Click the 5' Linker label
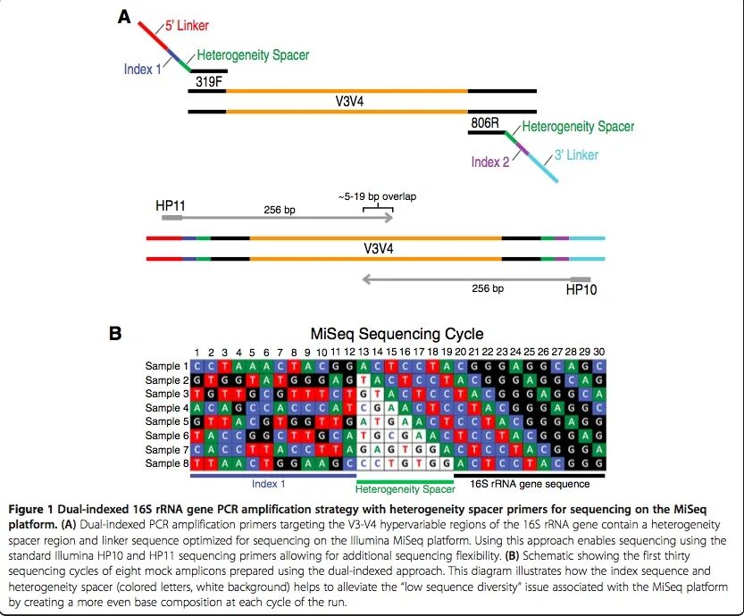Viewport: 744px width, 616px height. point(186,25)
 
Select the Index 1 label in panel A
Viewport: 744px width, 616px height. point(143,69)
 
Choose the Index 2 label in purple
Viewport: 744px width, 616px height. point(490,162)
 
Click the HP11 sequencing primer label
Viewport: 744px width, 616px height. point(171,205)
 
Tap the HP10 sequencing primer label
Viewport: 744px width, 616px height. point(581,289)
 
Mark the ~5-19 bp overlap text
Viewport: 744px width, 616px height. point(378,196)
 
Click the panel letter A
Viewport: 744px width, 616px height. point(126,17)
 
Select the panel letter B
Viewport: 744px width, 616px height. point(114,333)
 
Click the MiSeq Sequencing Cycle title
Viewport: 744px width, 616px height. point(397,334)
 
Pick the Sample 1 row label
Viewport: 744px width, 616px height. point(167,366)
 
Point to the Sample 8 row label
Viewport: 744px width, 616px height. point(167,463)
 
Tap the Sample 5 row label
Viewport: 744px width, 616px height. point(167,421)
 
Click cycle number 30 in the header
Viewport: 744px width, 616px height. point(598,353)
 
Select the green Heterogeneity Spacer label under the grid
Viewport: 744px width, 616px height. point(405,488)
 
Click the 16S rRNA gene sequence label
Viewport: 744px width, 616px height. point(530,484)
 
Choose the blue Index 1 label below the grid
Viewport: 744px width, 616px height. point(268,483)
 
